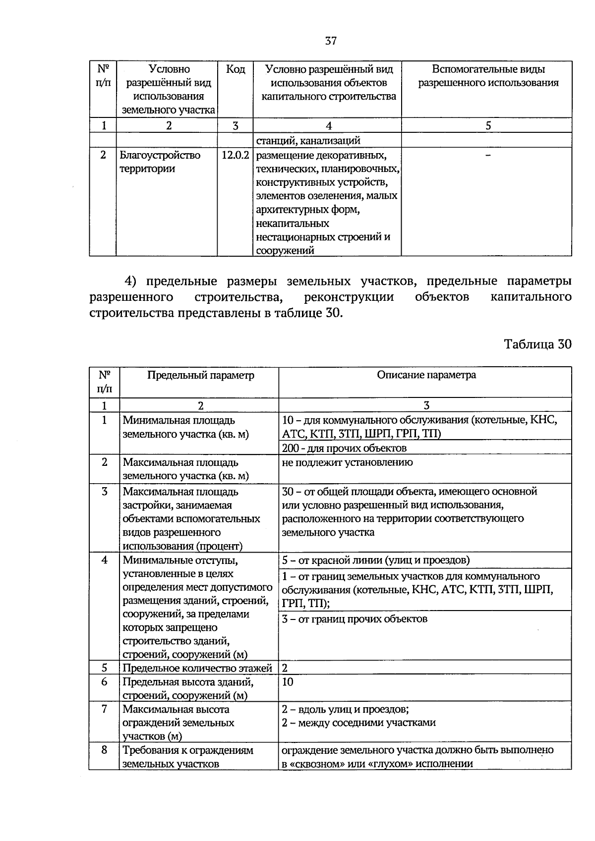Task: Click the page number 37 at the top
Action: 331,41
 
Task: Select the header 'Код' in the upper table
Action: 235,69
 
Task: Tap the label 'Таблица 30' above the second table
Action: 537,344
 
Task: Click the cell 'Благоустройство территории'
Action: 160,162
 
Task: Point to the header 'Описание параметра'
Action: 426,375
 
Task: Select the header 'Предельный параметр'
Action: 200,375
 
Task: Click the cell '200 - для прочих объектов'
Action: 344,448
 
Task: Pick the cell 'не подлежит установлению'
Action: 347,462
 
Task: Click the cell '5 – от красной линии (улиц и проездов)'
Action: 376,560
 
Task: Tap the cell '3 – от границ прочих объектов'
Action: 354,619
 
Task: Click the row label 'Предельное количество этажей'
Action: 197,668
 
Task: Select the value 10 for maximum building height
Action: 288,682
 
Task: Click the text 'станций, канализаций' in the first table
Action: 308,141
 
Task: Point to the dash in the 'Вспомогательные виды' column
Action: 488,156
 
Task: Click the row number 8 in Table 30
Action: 104,750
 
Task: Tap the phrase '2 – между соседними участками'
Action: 358,723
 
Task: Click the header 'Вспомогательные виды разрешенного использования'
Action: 488,76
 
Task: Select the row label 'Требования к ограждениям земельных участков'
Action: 188,757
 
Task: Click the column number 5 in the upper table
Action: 488,126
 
